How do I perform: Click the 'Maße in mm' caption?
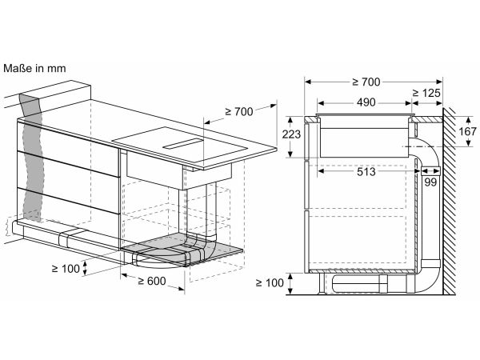tap(34, 68)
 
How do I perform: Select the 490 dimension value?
tap(366, 102)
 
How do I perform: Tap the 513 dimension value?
tap(366, 172)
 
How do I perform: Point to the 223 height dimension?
tap(291, 134)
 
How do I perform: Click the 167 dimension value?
tap(467, 131)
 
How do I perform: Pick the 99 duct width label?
tap(430, 182)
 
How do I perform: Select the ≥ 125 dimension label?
tap(426, 93)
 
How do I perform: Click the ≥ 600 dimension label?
tap(151, 281)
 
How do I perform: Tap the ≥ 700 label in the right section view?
tap(366, 82)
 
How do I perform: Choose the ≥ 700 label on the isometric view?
tap(239, 112)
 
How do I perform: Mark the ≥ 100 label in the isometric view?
tap(66, 269)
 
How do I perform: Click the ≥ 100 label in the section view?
tap(270, 283)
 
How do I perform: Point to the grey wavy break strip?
tap(30, 156)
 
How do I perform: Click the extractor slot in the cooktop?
tap(182, 143)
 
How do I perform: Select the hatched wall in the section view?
tap(449, 201)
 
